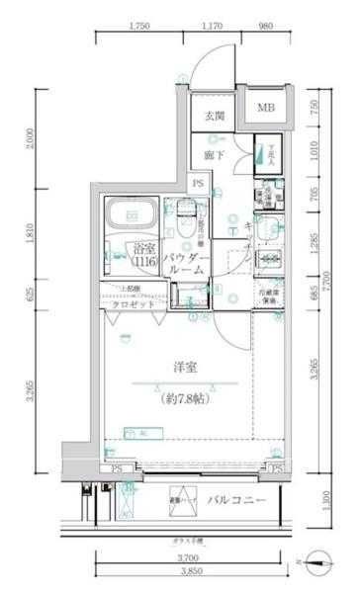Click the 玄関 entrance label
(215, 117)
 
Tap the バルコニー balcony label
(237, 501)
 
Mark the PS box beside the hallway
(199, 183)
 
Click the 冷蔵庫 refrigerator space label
(269, 296)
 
